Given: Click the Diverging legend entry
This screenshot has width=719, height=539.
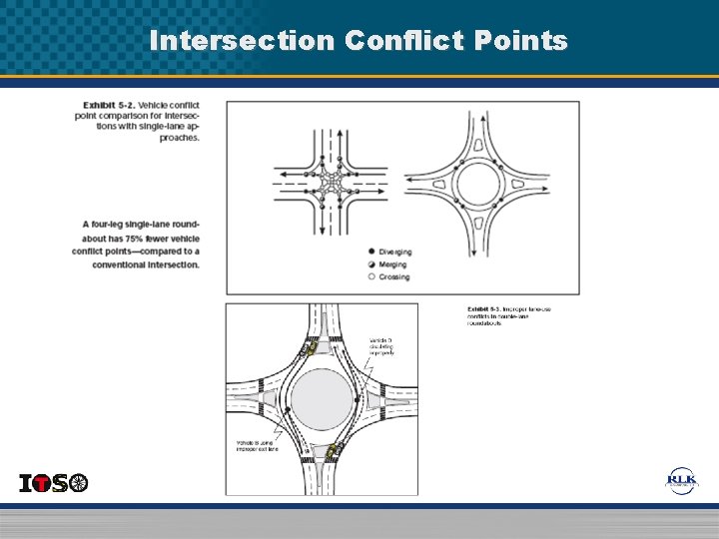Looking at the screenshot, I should (x=392, y=252).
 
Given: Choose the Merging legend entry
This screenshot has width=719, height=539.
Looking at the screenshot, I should (x=391, y=265).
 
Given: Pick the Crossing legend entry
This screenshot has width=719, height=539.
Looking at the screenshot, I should (x=392, y=277).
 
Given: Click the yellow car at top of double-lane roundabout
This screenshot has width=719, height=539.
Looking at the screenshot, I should (x=310, y=349).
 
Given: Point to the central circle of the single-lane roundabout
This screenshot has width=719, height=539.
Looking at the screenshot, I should (x=476, y=186).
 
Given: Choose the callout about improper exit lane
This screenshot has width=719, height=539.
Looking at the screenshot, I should (x=257, y=445).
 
